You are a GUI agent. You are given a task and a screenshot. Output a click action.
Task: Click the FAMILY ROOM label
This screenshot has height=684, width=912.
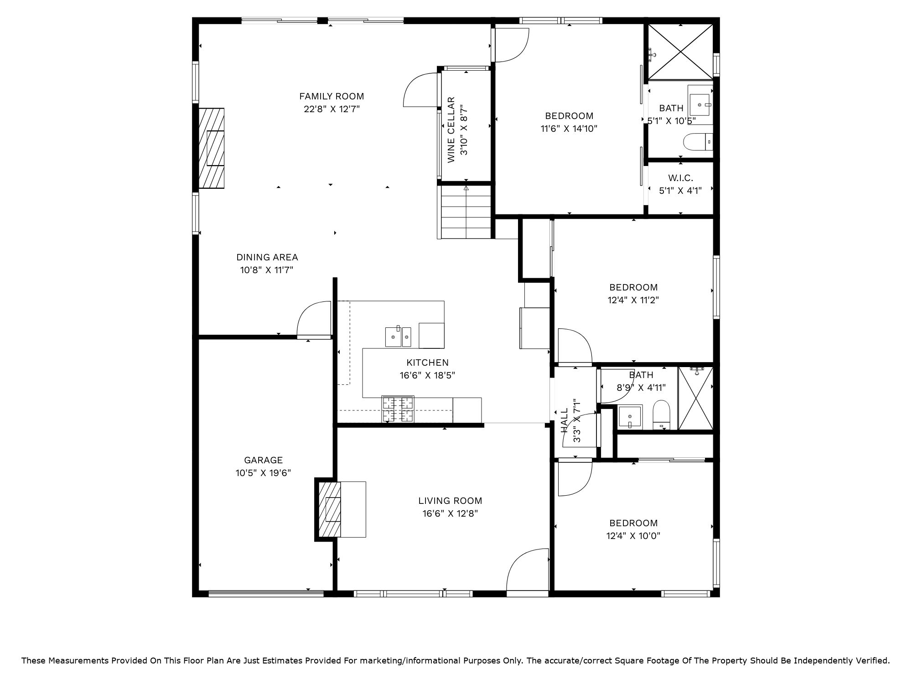click(x=332, y=96)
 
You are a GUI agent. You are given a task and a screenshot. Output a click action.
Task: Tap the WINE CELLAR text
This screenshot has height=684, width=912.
click(x=451, y=130)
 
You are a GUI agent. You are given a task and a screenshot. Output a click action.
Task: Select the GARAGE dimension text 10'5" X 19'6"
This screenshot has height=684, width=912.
click(x=263, y=473)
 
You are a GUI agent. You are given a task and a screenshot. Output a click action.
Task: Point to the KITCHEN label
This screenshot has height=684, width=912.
click(x=427, y=363)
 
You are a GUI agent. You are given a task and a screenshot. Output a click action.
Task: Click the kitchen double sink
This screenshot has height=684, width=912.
click(x=398, y=337)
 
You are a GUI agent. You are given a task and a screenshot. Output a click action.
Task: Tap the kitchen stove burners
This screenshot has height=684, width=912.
click(x=398, y=409)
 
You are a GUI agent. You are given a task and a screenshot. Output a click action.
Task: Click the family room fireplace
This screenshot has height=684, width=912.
click(x=212, y=148)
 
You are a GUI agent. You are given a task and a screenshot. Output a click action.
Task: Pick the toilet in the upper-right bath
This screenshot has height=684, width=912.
click(x=698, y=142)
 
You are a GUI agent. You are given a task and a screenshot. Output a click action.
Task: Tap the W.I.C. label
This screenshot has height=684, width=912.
click(x=680, y=178)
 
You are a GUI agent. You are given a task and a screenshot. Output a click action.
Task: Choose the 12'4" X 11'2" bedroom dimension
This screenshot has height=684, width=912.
click(x=633, y=300)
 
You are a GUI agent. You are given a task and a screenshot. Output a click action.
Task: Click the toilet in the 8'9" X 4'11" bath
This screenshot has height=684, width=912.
click(x=661, y=415)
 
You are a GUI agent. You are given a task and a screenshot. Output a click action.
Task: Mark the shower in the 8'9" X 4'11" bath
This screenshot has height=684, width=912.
click(x=696, y=399)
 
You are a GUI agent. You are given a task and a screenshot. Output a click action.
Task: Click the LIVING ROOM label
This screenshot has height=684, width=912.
click(x=450, y=501)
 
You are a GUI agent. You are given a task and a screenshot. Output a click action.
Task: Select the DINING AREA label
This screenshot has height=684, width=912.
click(x=267, y=257)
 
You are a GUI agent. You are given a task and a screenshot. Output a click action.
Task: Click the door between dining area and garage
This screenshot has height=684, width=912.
click(x=314, y=320)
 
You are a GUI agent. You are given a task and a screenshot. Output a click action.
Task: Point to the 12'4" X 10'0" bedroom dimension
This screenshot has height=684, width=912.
click(x=633, y=536)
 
